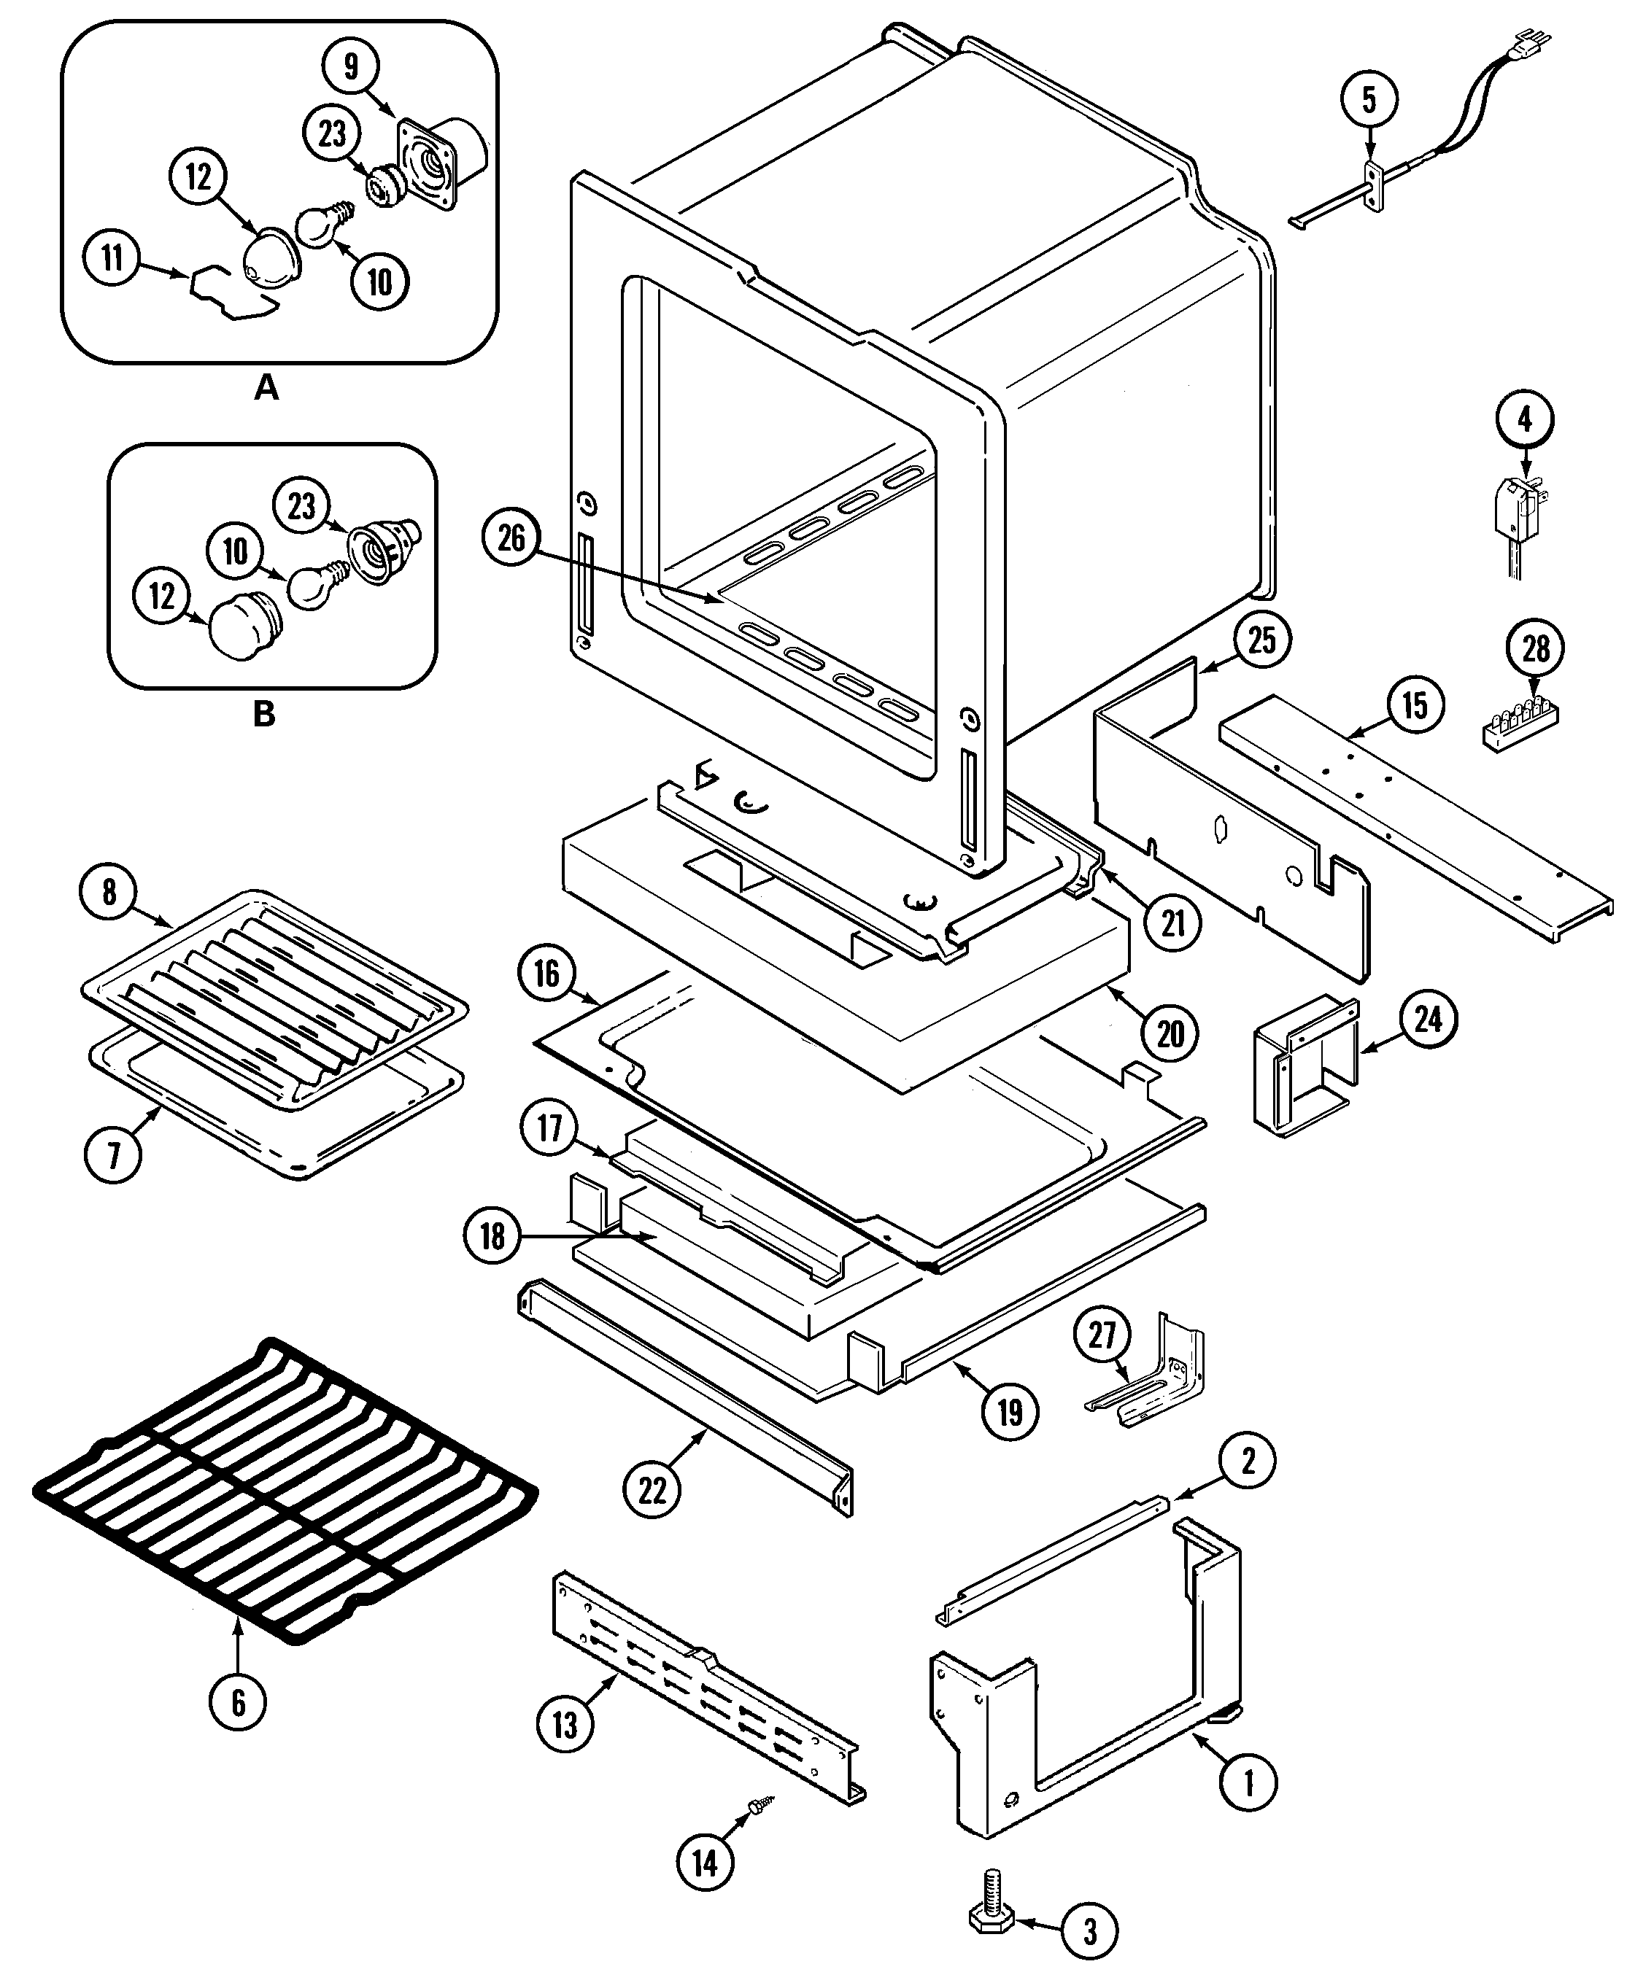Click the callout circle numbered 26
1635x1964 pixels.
tap(511, 540)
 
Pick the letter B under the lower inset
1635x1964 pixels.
tap(265, 715)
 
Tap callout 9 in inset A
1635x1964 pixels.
tap(351, 67)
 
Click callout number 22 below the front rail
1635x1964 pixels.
tap(652, 1490)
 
